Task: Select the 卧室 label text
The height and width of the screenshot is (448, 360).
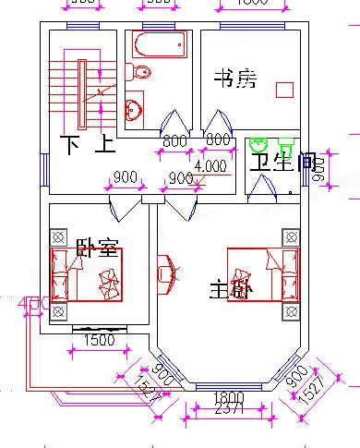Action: (x=96, y=248)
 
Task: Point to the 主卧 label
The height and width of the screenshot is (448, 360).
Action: (x=229, y=290)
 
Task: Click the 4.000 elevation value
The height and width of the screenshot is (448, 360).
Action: (x=210, y=167)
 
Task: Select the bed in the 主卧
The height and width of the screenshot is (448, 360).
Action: (x=265, y=274)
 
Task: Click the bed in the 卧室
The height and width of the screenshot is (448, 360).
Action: (x=87, y=274)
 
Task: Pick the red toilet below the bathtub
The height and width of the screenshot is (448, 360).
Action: (x=140, y=73)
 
